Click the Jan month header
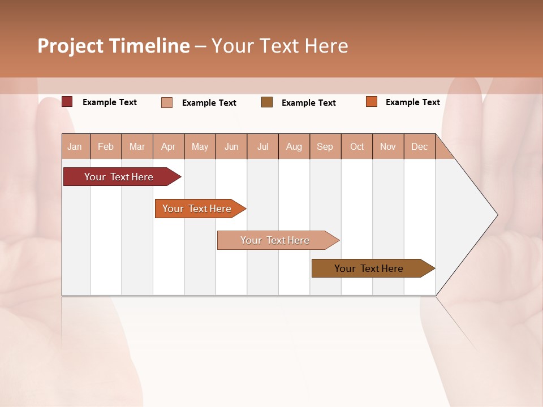pyautogui.click(x=75, y=146)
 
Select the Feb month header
pyautogui.click(x=106, y=146)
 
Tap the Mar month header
pyautogui.click(x=137, y=146)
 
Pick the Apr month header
pyautogui.click(x=169, y=146)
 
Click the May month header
pyautogui.click(x=200, y=146)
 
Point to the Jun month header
pyautogui.click(x=231, y=146)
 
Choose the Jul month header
pyautogui.click(x=262, y=146)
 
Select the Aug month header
pyautogui.click(x=294, y=146)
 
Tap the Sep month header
pyautogui.click(x=325, y=146)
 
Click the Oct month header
pyautogui.click(x=357, y=146)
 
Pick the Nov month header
pyautogui.click(x=388, y=146)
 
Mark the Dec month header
pyautogui.click(x=419, y=146)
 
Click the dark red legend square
pyautogui.click(x=67, y=102)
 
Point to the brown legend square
pyautogui.click(x=267, y=102)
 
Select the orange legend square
pyautogui.click(x=372, y=102)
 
